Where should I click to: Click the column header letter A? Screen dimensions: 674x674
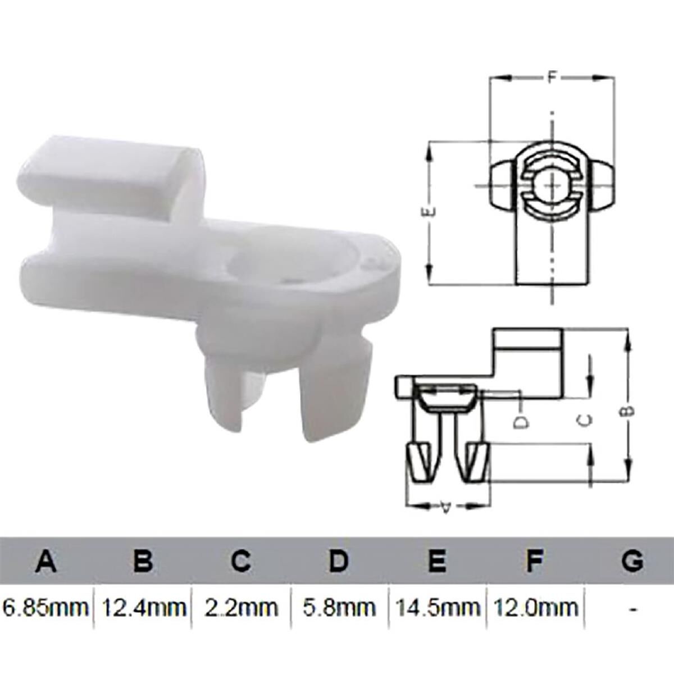point(46,561)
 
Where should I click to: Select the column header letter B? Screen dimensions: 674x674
point(144,561)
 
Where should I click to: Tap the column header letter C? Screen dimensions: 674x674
point(241,561)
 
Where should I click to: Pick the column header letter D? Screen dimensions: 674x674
point(339,561)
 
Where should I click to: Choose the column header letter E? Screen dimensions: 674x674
point(436,561)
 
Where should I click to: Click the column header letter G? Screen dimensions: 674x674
point(632,561)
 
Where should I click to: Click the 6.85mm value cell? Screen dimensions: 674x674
point(46,607)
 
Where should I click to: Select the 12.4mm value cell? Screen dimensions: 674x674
point(144,607)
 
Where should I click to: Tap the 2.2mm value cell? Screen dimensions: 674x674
point(241,607)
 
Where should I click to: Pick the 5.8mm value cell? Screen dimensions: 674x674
point(339,607)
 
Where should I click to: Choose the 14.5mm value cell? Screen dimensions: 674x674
point(436,607)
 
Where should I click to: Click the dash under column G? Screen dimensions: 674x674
point(633,608)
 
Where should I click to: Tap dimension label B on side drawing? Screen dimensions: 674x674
point(629,410)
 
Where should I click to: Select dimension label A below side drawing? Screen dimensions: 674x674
point(446,507)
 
